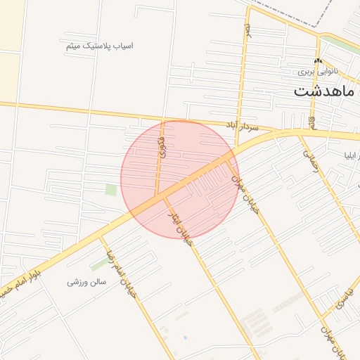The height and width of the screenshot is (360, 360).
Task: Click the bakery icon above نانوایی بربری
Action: pyautogui.click(x=318, y=62)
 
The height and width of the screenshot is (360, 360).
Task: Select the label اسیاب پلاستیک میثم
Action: pyautogui.click(x=99, y=46)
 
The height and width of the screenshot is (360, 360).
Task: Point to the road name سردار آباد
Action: pyautogui.click(x=242, y=126)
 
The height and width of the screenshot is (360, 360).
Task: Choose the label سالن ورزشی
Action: pyautogui.click(x=86, y=282)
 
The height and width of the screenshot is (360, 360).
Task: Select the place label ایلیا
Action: pyautogui.click(x=349, y=155)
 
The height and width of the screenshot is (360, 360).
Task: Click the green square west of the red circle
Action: pyautogui.click(x=111, y=189)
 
